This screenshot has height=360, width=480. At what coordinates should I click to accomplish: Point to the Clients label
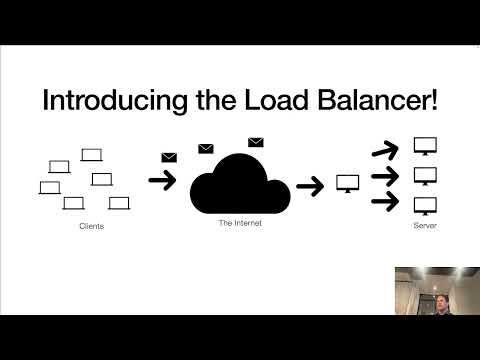coord(91,227)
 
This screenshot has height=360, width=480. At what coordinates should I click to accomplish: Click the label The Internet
coord(240,222)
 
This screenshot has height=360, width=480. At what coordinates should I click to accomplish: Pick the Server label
coord(425,227)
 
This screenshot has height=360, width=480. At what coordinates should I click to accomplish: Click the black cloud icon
coord(240,183)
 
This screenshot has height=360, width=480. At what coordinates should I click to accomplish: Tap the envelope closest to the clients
coord(169,157)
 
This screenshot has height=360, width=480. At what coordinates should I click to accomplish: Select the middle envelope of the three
coord(206,149)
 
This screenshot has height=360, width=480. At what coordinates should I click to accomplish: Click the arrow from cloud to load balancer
coord(311,185)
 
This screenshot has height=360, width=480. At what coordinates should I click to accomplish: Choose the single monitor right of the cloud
coord(348,184)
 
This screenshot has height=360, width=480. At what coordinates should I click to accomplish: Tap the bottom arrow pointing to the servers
coord(385,204)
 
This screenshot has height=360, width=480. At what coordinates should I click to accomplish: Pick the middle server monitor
coord(425,176)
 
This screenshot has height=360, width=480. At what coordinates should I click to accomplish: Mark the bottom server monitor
coord(425,205)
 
